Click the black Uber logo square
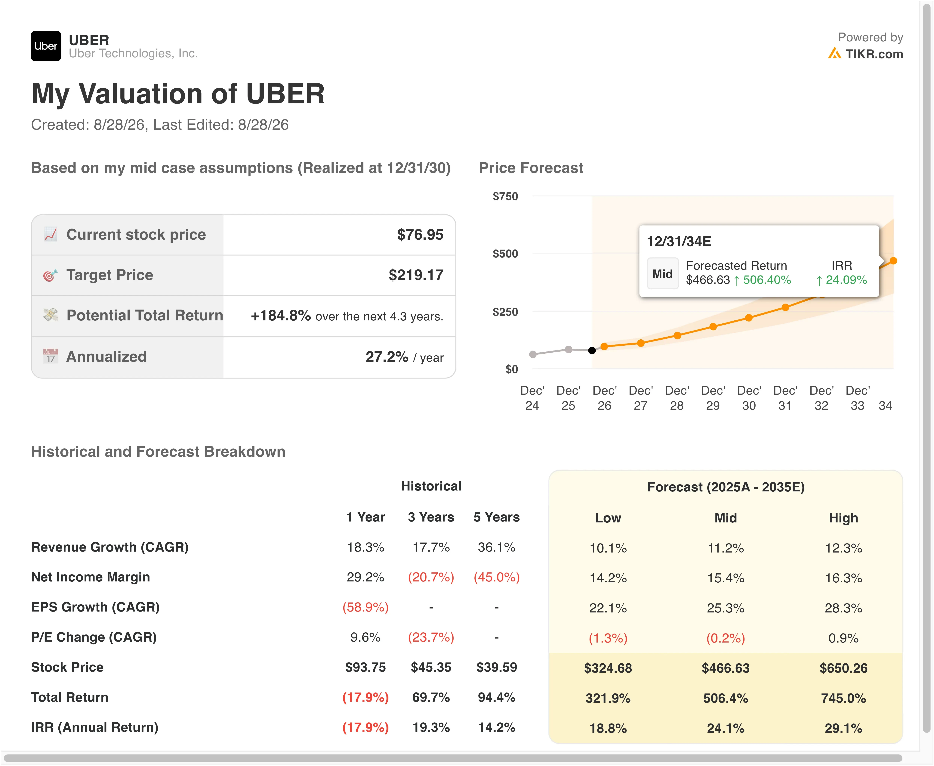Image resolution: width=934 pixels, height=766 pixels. coord(46,46)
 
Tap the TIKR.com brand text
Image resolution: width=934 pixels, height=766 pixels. coord(874,54)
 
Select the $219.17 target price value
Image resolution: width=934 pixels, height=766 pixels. coord(416,275)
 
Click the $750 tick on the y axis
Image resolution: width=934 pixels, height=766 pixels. coord(505,196)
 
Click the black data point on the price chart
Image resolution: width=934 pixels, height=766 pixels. coord(592,350)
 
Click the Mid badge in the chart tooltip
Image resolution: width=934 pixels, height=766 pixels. coord(662,274)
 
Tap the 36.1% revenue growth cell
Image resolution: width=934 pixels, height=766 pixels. coord(497,547)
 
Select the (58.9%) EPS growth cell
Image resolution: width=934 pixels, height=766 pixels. coord(365,607)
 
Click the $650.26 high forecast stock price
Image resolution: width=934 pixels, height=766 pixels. coord(843,668)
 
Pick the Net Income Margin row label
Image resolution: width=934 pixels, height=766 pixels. coord(90,577)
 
